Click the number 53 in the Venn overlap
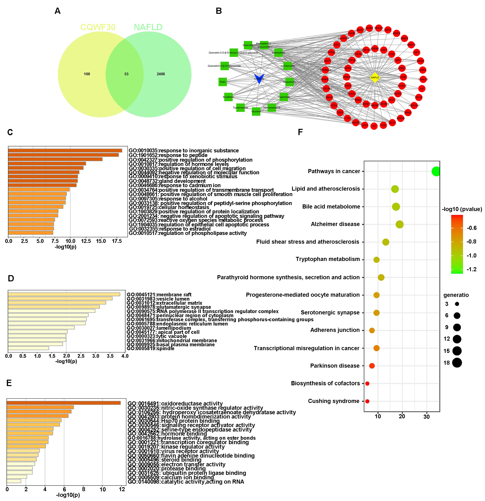(126, 74)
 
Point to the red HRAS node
(408, 112)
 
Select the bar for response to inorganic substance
(65, 151)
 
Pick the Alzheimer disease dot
(399, 224)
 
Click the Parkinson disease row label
(335, 366)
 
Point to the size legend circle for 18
(457, 363)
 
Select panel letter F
(300, 132)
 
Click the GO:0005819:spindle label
(151, 349)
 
